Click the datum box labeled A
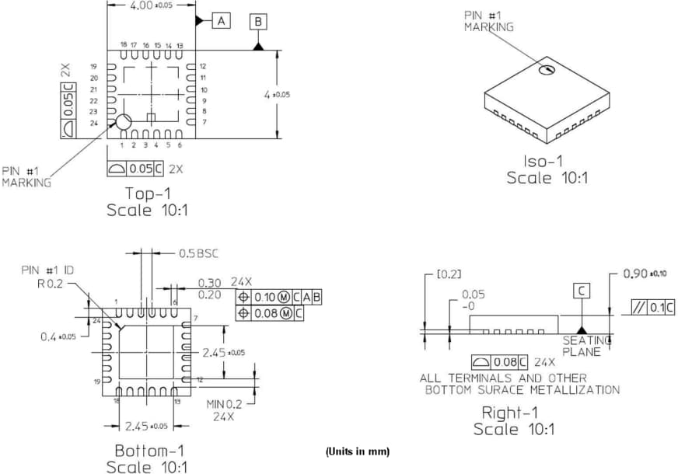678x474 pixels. tap(221, 21)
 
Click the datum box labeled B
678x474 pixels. tap(258, 22)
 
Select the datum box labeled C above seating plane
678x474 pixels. tap(582, 291)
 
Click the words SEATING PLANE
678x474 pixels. tap(582, 347)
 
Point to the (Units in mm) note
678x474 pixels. tap(358, 451)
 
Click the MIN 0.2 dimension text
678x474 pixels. tap(224, 404)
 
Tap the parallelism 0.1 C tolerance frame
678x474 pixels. tap(655, 307)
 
